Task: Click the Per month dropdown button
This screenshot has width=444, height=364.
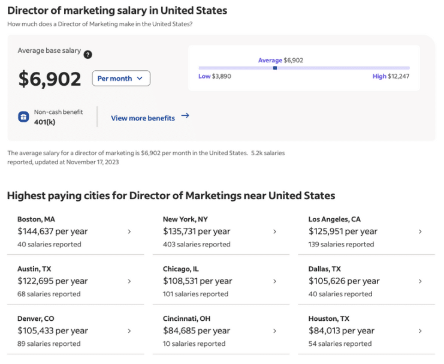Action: [121, 78]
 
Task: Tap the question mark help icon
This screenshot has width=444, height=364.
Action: [87, 55]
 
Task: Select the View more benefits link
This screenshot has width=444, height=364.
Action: [143, 118]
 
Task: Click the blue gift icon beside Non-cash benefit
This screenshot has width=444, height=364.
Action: [23, 116]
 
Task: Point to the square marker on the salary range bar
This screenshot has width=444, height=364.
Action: [275, 68]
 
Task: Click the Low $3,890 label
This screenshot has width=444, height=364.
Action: [215, 76]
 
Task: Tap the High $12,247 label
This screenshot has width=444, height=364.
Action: [391, 76]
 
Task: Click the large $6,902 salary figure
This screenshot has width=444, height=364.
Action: [50, 79]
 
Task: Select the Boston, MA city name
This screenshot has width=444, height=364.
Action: [36, 219]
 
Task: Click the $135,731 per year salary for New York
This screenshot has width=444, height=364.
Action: [197, 231]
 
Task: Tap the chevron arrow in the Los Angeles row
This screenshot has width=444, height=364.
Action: [420, 231]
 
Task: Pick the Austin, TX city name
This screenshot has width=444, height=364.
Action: [34, 269]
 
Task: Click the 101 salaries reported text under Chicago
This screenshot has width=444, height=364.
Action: [195, 294]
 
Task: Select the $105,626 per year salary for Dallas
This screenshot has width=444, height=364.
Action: [344, 281]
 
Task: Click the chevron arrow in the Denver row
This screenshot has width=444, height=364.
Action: [129, 331]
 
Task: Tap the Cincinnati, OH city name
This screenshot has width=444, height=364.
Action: [186, 318]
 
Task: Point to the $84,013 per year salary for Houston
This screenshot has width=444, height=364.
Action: [342, 330]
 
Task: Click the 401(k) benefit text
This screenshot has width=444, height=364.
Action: [45, 122]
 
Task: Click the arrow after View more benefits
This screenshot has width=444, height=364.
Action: [185, 115]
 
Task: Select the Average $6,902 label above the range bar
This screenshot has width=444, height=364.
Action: [280, 61]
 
